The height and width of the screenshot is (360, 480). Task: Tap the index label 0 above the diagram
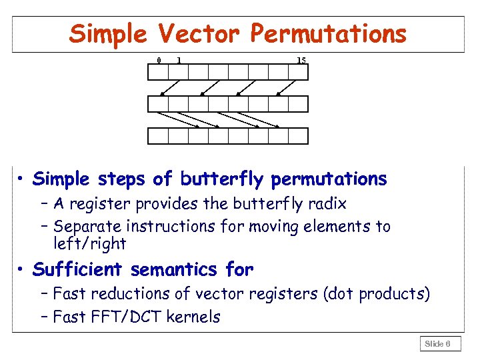[158, 61]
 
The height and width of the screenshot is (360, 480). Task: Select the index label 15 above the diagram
[301, 61]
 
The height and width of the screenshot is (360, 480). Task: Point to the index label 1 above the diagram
[179, 61]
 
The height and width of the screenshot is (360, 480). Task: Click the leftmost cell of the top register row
[157, 72]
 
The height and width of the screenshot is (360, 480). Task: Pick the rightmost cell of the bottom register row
[298, 136]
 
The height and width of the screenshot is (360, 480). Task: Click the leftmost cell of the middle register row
[157, 104]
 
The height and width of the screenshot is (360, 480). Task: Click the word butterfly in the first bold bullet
[226, 179]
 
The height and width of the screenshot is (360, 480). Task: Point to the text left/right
[89, 244]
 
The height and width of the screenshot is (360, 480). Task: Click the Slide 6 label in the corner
[438, 344]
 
